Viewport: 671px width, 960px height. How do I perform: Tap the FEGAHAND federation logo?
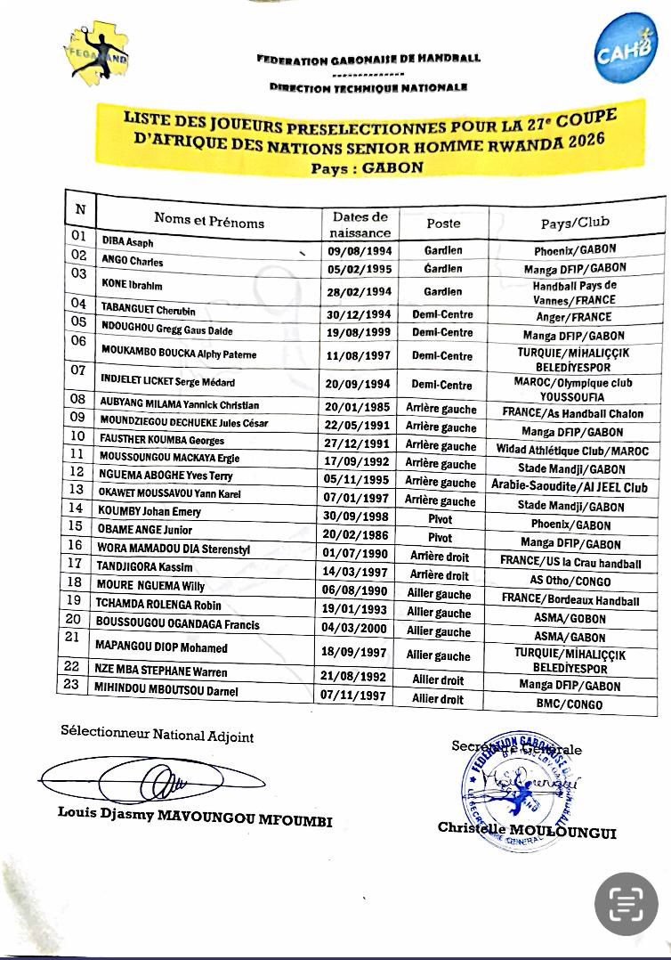pos(97,53)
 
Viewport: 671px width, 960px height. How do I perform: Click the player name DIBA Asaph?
pos(128,242)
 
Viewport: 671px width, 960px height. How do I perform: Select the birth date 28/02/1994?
pos(360,291)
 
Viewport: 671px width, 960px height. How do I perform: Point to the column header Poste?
pos(443,224)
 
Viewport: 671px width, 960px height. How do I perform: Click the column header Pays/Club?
pos(575,222)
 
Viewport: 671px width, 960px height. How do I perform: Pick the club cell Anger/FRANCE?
pos(574,316)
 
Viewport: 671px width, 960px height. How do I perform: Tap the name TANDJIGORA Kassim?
pos(144,567)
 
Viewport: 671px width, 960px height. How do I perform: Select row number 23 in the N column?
pos(70,685)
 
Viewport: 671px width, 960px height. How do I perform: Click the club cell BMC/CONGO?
pos(575,704)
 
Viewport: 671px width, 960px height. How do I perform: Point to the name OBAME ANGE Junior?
pos(145,530)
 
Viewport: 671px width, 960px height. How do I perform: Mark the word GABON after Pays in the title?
pos(392,167)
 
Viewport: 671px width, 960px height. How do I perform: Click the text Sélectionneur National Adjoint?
pos(157,736)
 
